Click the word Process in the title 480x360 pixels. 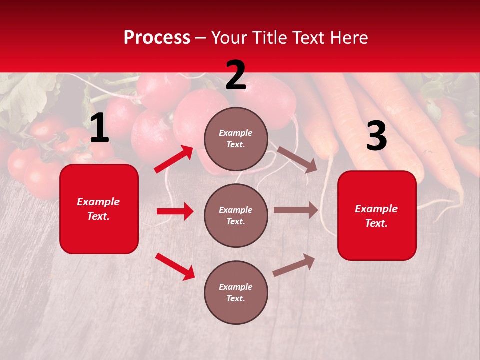[157, 38]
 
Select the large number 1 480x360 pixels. [99, 128]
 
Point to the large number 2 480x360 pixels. [236, 75]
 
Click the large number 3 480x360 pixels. [376, 137]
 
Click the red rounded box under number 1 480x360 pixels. [99, 209]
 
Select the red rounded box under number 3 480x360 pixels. [377, 216]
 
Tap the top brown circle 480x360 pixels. [236, 139]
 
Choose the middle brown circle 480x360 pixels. [236, 215]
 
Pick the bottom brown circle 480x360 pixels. [236, 292]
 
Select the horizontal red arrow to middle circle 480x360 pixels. [175, 211]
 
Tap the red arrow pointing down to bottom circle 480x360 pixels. [175, 266]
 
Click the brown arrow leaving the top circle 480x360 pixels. [297, 159]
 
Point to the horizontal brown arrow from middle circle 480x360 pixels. [296, 210]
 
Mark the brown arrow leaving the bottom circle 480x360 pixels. [294, 265]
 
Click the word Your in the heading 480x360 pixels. [230, 38]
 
